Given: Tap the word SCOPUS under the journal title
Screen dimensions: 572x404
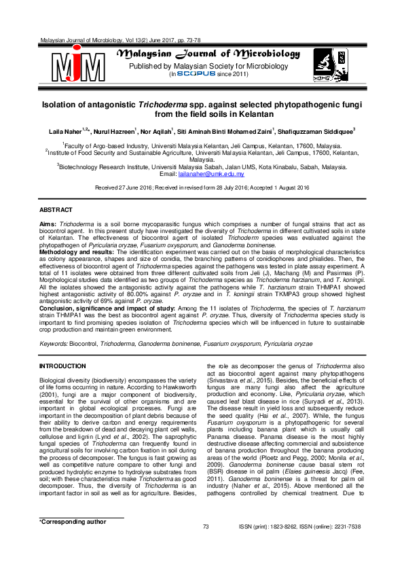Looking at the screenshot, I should (196, 74).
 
